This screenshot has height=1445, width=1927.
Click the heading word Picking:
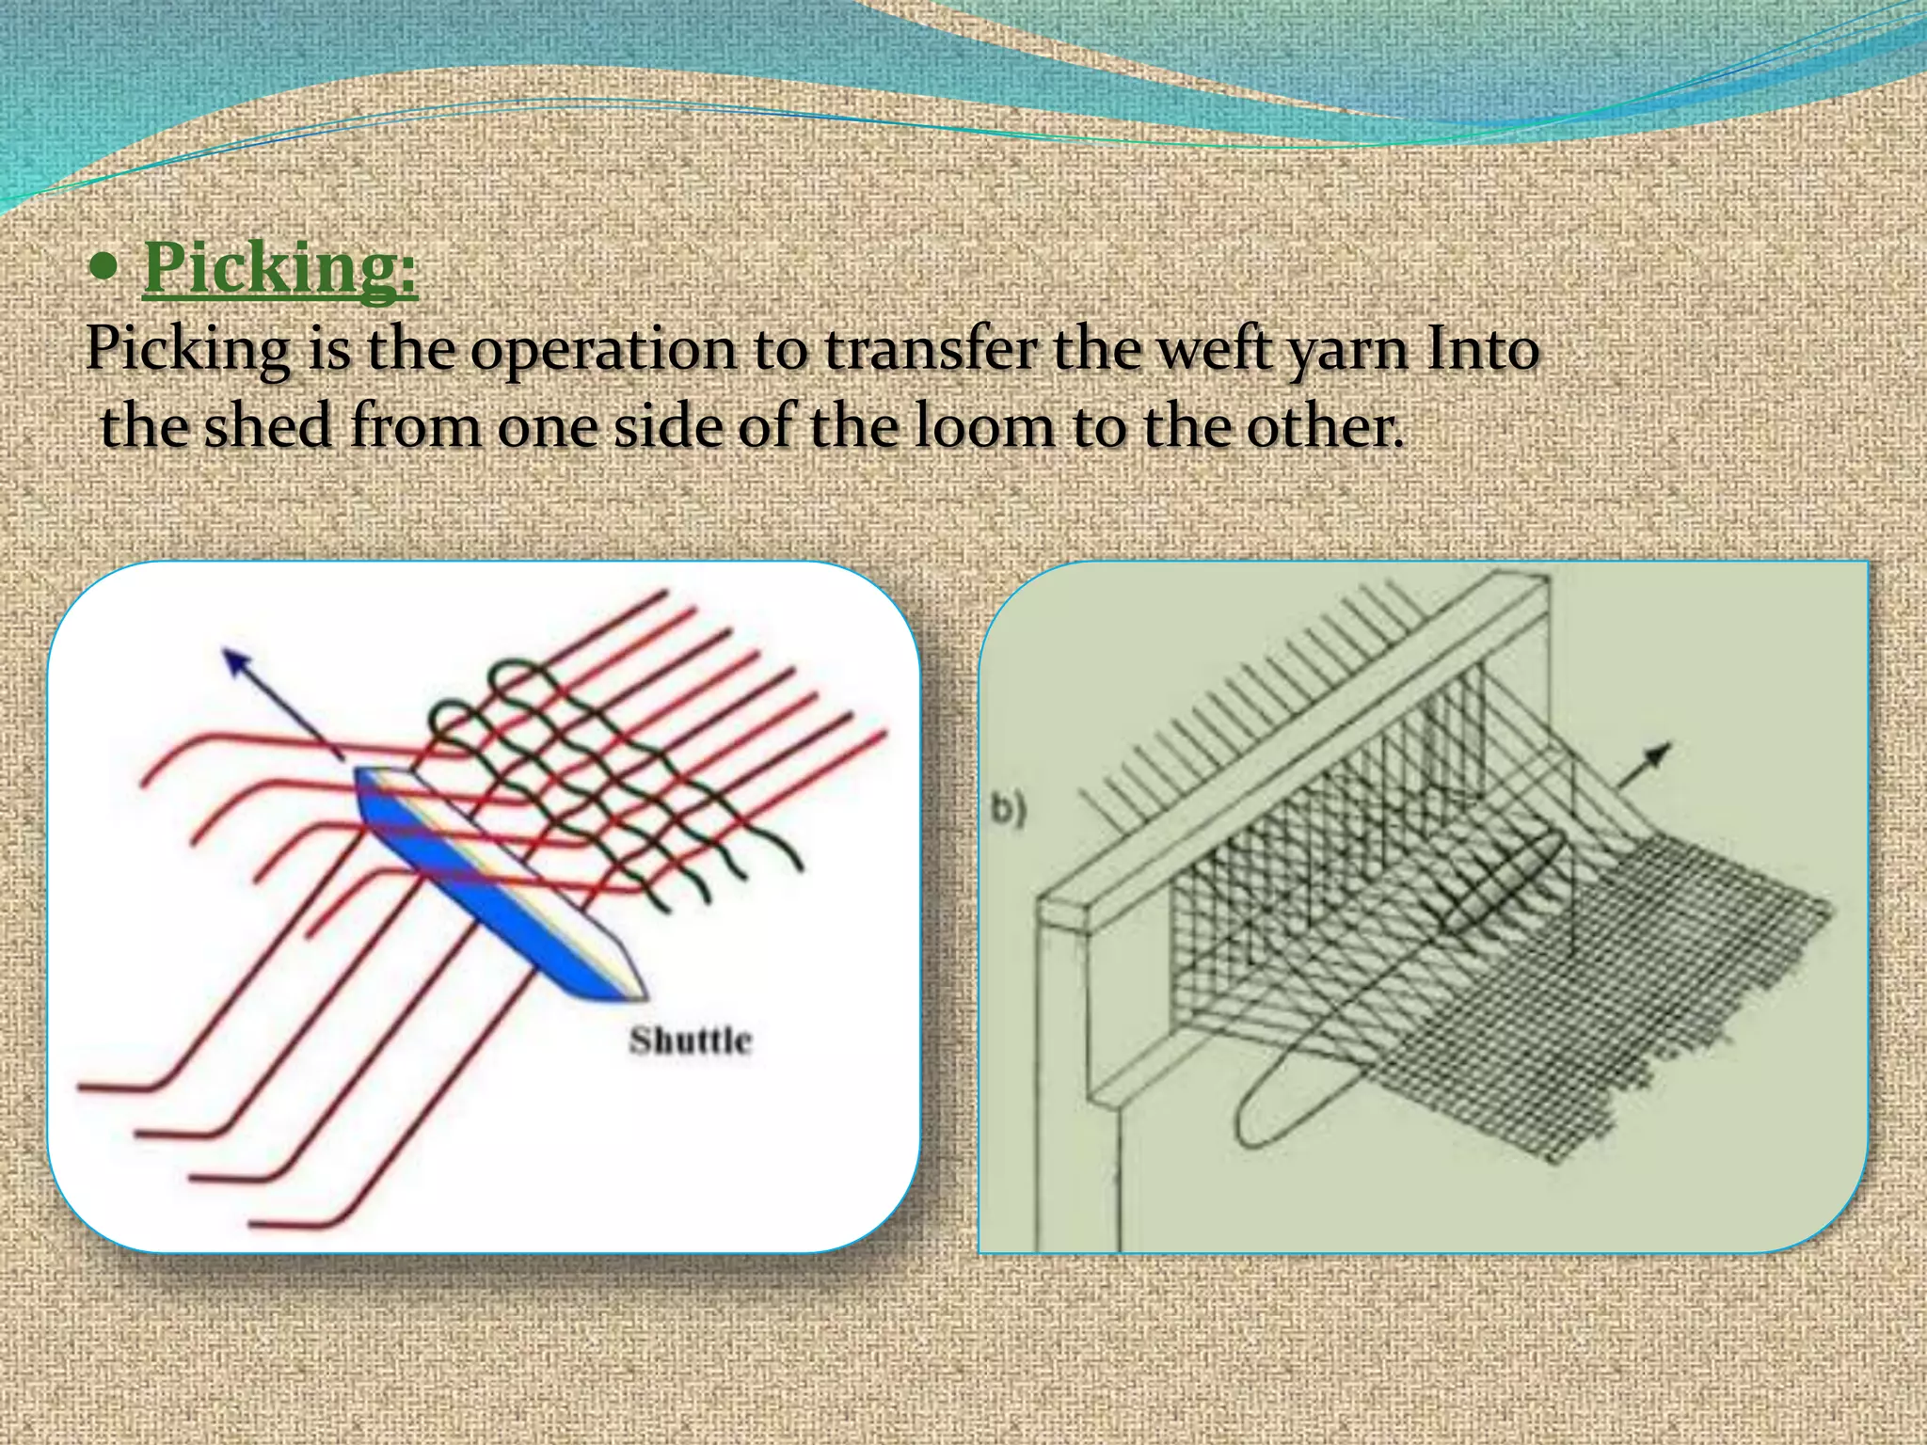point(279,270)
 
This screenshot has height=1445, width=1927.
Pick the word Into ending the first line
point(1483,350)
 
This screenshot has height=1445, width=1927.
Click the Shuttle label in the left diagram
point(691,1040)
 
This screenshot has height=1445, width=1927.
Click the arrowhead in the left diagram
point(231,659)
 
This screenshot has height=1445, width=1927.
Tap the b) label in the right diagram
point(1007,810)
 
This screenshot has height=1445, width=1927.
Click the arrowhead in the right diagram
point(1660,753)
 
